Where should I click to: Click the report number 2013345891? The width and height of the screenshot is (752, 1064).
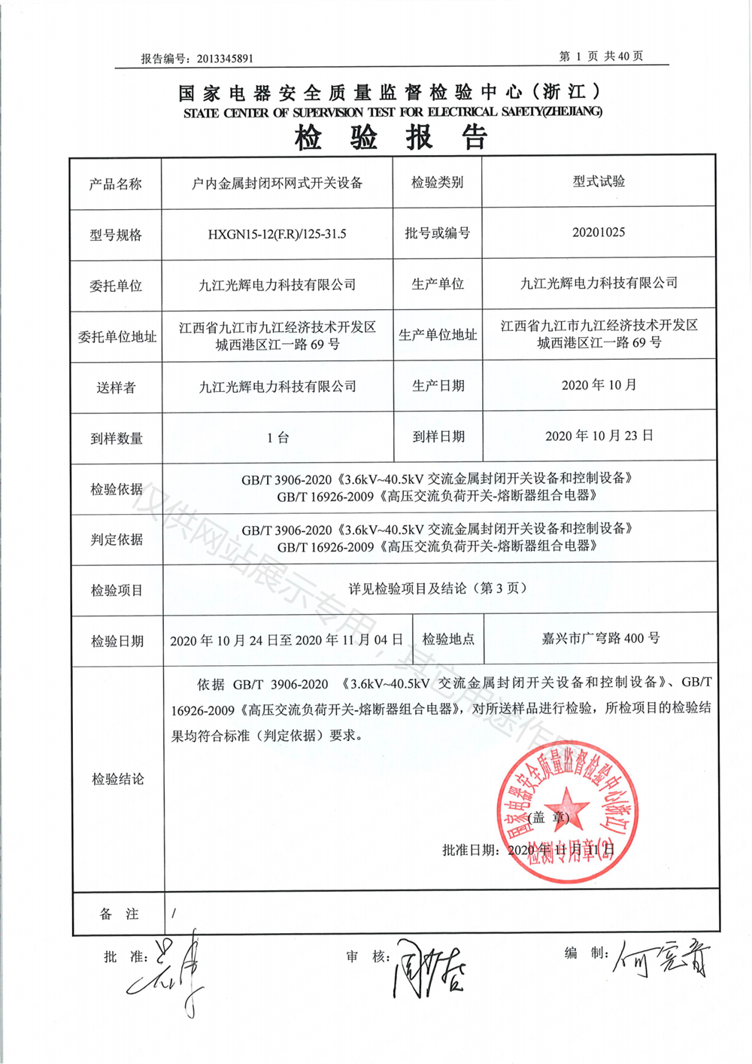click(x=225, y=59)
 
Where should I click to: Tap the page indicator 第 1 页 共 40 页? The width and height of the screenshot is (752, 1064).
click(x=601, y=56)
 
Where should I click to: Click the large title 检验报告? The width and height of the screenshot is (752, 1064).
click(x=391, y=138)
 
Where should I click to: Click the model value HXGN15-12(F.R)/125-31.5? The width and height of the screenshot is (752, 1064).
click(x=277, y=234)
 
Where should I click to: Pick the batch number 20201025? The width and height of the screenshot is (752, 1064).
click(x=599, y=233)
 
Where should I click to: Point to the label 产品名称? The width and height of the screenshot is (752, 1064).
click(x=115, y=184)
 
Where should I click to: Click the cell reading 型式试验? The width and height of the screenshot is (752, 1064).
click(x=599, y=181)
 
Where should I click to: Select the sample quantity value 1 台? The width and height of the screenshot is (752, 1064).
click(x=277, y=437)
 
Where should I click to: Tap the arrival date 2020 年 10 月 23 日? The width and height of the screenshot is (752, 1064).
click(x=599, y=436)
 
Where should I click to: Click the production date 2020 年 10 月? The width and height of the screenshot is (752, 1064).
click(x=599, y=385)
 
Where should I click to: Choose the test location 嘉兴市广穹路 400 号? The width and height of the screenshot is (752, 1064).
click(x=600, y=638)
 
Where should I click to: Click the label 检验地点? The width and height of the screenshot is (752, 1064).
click(x=448, y=640)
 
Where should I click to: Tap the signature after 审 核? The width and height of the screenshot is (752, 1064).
click(x=426, y=968)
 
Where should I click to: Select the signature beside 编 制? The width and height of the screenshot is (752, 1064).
click(x=662, y=959)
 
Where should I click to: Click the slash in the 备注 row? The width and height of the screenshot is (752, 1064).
click(x=174, y=914)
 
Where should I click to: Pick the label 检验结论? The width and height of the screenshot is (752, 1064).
click(x=117, y=779)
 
